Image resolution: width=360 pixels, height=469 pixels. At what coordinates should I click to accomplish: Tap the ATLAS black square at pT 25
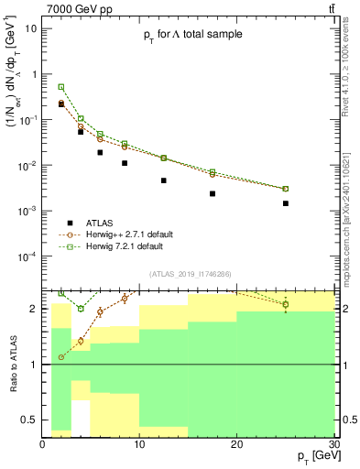(x=286, y=203)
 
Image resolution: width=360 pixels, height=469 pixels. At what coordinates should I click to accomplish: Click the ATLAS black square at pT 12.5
(x=164, y=180)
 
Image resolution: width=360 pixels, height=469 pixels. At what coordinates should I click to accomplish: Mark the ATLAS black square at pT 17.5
(x=213, y=193)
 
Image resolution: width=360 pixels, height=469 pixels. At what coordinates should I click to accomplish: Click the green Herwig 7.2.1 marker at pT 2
(x=61, y=87)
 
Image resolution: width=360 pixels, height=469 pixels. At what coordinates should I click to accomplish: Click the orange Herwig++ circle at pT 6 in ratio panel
(x=101, y=311)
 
